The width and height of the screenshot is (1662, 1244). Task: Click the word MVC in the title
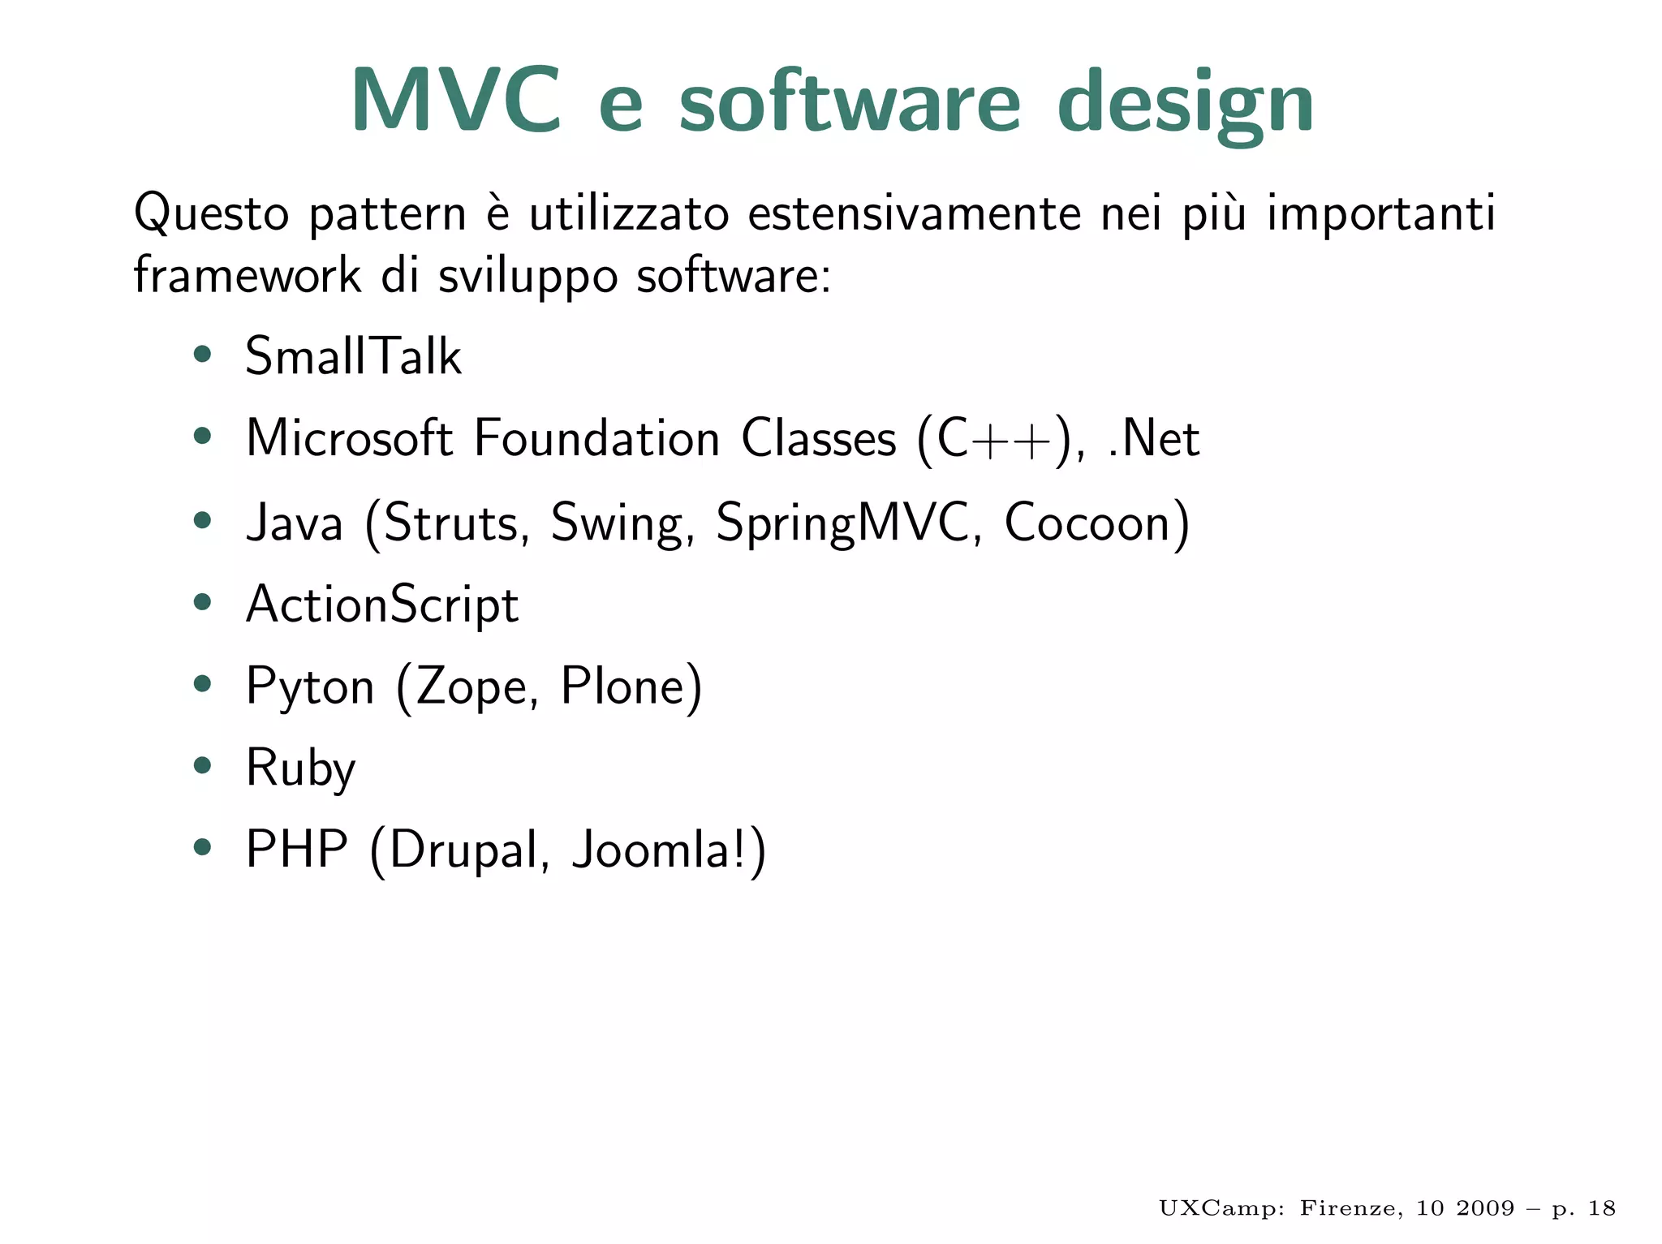(x=455, y=101)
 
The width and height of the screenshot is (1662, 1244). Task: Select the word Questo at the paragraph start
(x=211, y=213)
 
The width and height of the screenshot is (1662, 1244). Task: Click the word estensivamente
(x=914, y=213)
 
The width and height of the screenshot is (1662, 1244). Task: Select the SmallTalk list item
(x=353, y=356)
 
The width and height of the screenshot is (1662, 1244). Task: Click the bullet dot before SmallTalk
(x=202, y=355)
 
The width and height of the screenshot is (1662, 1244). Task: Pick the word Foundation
(x=596, y=439)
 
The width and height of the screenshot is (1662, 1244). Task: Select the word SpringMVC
(x=842, y=523)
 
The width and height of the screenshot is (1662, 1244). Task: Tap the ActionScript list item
(x=381, y=605)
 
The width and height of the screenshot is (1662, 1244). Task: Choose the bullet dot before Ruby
(x=202, y=765)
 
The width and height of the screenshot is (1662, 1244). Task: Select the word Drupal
(x=463, y=851)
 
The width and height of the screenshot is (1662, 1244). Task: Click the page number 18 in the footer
(x=1601, y=1208)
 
